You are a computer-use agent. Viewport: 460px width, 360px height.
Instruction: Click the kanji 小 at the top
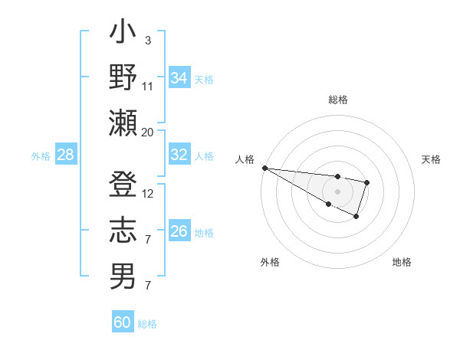(123, 34)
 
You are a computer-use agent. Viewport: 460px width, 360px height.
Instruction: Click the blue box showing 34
(179, 78)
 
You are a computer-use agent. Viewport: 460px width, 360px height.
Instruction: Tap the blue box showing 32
(179, 155)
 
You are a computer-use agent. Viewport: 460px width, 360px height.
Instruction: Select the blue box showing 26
(179, 231)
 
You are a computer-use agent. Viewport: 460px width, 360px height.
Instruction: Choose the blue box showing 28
(65, 155)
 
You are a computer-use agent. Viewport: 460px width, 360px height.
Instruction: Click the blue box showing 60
(122, 322)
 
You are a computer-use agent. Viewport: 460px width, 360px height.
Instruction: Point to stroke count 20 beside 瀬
(147, 132)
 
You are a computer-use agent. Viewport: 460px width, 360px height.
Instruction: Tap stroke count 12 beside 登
(147, 195)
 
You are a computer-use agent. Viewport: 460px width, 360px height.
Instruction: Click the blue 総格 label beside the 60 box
(147, 324)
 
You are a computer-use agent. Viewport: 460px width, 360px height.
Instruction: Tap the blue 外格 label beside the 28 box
(41, 156)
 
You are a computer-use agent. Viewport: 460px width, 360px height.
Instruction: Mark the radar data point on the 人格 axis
(264, 168)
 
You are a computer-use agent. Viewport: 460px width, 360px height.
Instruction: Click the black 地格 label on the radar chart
(402, 262)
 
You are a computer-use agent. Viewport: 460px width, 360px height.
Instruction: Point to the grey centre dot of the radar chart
(337, 190)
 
